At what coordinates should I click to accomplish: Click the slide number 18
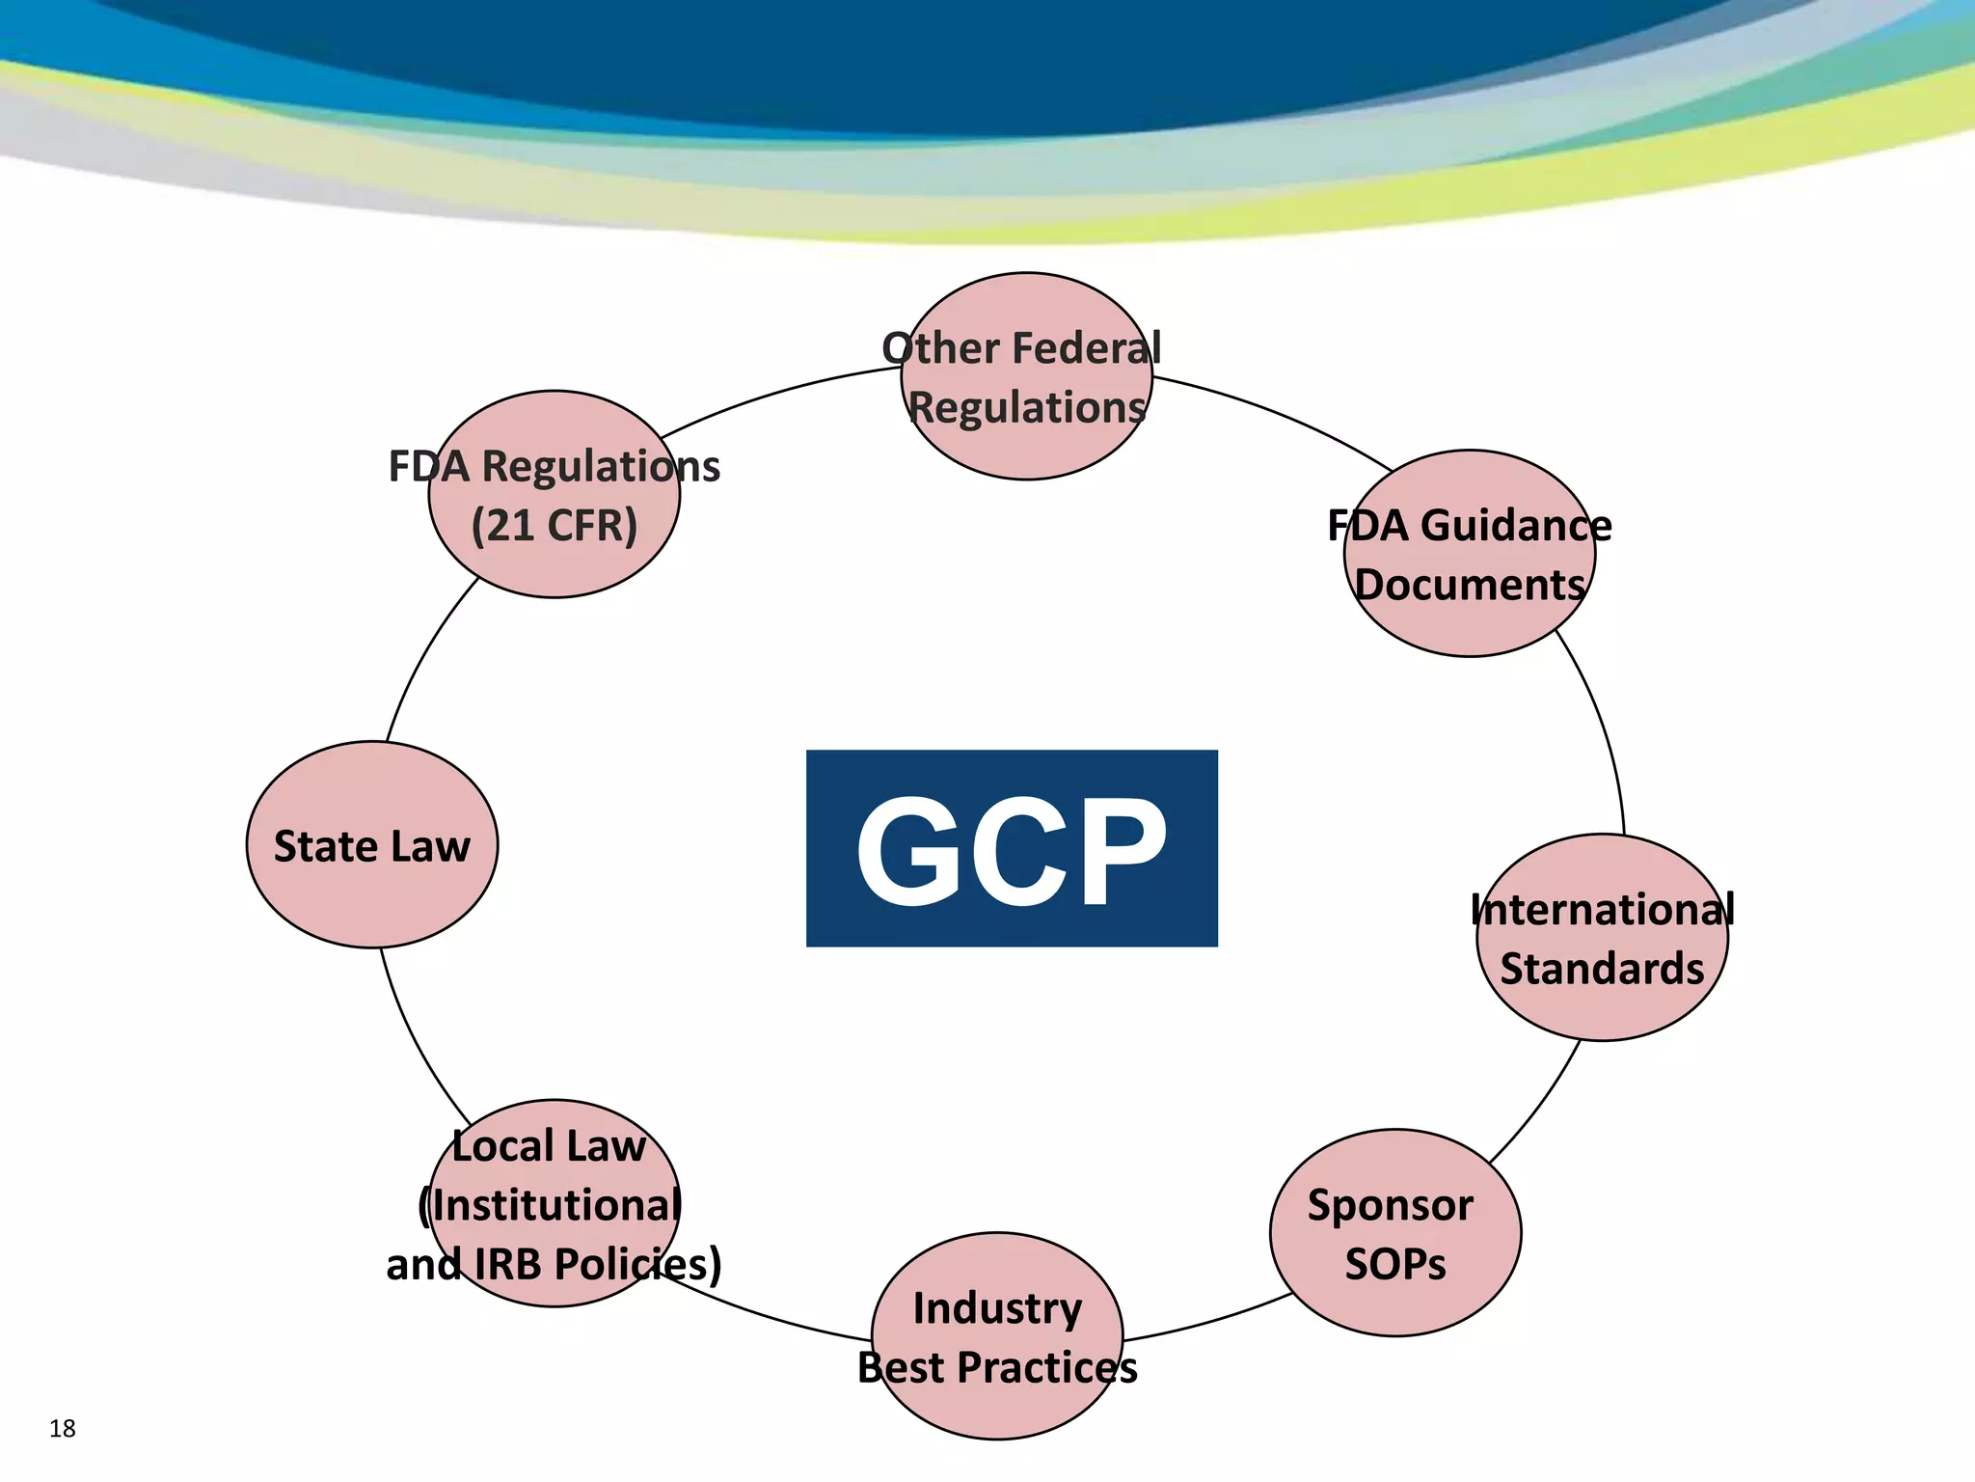pos(63,1428)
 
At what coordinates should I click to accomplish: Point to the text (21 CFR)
pos(555,527)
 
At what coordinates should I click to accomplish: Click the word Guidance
pos(1515,527)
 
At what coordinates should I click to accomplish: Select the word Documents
pos(1470,586)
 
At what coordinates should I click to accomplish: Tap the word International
pos(1602,910)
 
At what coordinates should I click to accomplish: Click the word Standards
pos(1602,969)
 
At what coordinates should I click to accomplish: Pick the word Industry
pos(997,1309)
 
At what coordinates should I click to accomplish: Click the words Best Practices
pos(997,1368)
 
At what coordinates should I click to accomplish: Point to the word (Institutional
pos(551,1206)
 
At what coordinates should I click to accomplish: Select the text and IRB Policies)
pos(554,1265)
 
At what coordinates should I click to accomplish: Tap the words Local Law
pos(549,1147)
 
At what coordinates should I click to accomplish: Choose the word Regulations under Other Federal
pos(1027,408)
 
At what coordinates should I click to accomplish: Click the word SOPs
pos(1395,1265)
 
